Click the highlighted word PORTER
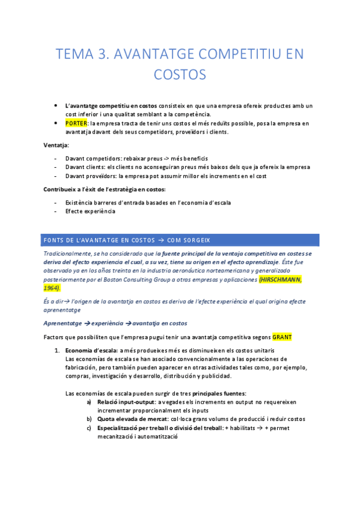click(x=76, y=123)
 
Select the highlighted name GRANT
click(x=282, y=337)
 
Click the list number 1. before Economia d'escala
click(x=57, y=350)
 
